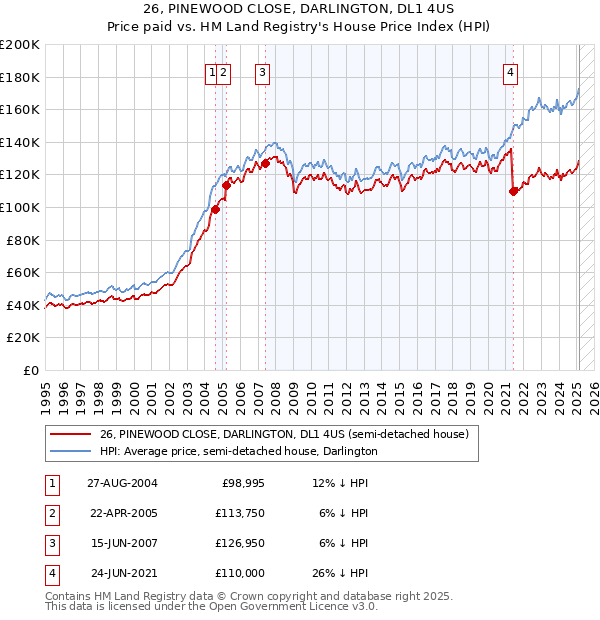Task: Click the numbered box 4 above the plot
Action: click(510, 71)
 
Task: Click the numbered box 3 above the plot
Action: click(262, 71)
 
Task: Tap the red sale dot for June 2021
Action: click(513, 191)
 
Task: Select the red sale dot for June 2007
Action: click(266, 163)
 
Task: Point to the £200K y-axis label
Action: click(20, 45)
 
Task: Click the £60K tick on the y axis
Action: click(23, 272)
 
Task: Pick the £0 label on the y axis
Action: click(31, 370)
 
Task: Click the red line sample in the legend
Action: click(70, 434)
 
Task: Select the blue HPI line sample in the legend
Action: click(70, 451)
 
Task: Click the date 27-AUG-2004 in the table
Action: click(123, 483)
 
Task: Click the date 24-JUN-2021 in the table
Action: click(122, 572)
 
